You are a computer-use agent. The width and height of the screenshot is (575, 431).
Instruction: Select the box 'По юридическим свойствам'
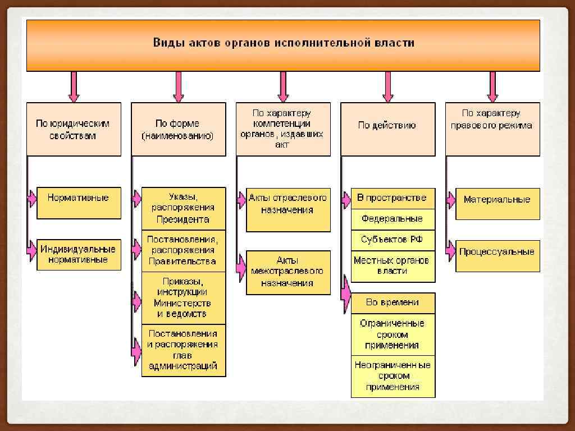pyautogui.click(x=74, y=129)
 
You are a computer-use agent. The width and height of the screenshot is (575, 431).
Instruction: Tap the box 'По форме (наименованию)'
pyautogui.click(x=178, y=129)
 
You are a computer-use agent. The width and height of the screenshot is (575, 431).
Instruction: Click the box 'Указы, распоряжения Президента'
pyautogui.click(x=183, y=208)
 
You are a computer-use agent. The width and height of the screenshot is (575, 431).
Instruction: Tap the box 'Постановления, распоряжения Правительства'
pyautogui.click(x=183, y=250)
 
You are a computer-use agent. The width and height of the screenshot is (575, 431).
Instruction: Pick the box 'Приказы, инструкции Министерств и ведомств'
pyautogui.click(x=183, y=298)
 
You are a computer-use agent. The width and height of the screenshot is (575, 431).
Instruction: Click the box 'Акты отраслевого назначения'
pyautogui.click(x=288, y=209)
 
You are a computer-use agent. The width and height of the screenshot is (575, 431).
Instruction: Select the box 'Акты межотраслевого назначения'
pyautogui.click(x=288, y=272)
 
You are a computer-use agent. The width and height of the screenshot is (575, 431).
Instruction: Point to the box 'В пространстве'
pyautogui.click(x=393, y=198)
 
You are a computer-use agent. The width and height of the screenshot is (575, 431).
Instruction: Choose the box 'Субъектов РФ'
pyautogui.click(x=393, y=240)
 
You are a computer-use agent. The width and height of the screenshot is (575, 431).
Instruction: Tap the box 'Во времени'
pyautogui.click(x=393, y=302)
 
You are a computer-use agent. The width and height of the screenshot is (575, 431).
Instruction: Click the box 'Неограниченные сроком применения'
pyautogui.click(x=393, y=376)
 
